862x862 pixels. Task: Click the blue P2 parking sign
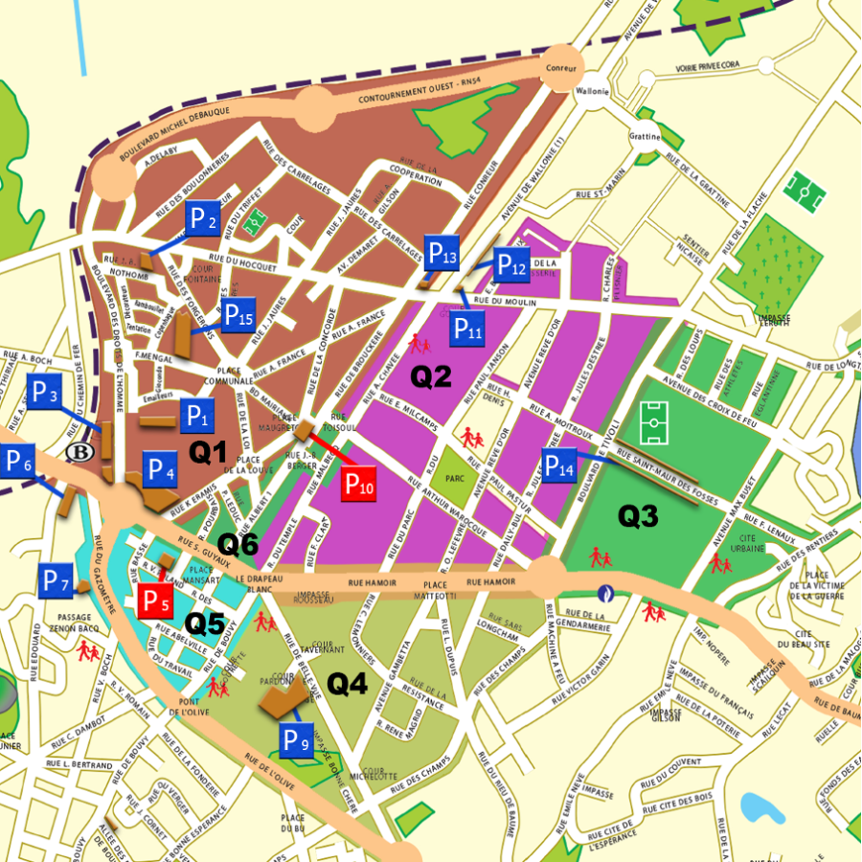pos(202,219)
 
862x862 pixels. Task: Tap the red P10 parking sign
pos(359,485)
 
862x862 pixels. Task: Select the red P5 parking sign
pos(156,601)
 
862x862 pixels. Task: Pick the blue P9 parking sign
pos(295,738)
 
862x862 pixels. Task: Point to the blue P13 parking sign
pos(442,254)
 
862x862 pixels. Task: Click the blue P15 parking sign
pos(238,315)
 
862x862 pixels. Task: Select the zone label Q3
pos(638,516)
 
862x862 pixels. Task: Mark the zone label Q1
pos(207,452)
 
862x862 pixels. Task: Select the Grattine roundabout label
pos(646,137)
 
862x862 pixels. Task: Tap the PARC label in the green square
pos(455,476)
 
